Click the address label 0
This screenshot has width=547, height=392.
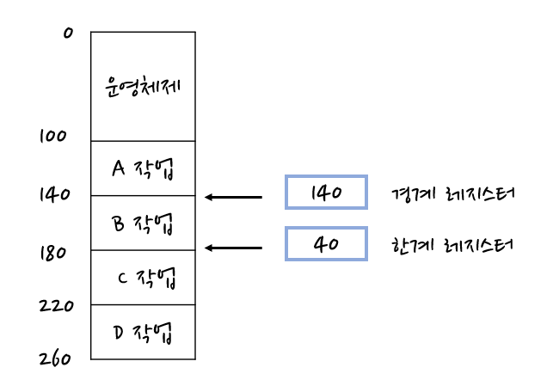(x=68, y=34)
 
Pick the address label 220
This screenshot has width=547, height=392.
(x=57, y=305)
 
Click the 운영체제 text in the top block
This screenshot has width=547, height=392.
(x=143, y=86)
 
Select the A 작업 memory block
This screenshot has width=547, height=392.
(x=143, y=168)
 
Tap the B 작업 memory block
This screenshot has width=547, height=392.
(x=143, y=224)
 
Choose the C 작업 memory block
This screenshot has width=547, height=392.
(x=143, y=278)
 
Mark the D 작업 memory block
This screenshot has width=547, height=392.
(x=143, y=332)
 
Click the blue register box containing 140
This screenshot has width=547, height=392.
(x=326, y=193)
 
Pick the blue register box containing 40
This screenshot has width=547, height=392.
(x=326, y=244)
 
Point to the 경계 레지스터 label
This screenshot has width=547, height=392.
(x=452, y=193)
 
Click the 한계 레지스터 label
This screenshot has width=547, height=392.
(x=452, y=245)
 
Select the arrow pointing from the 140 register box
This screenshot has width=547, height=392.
(x=233, y=198)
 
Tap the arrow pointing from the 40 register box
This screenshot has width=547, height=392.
(x=233, y=248)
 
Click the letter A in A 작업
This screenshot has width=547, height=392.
(x=119, y=168)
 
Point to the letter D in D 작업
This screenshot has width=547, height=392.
(x=119, y=332)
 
